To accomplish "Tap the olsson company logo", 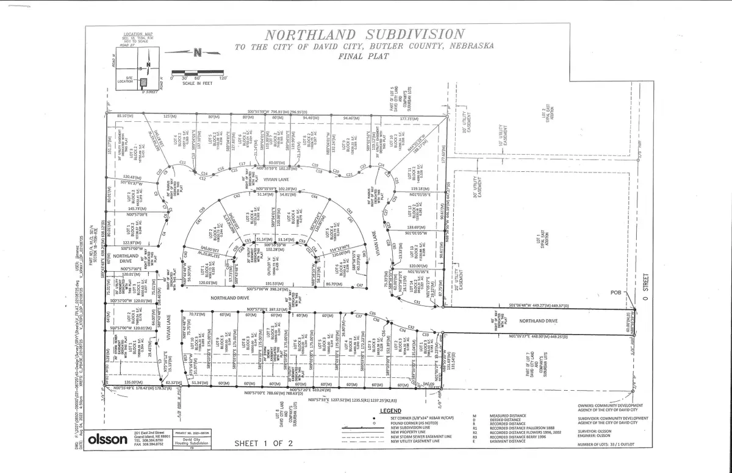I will [x=109, y=439].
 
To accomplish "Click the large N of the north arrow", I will [x=196, y=52].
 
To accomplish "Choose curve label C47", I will [x=360, y=285].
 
